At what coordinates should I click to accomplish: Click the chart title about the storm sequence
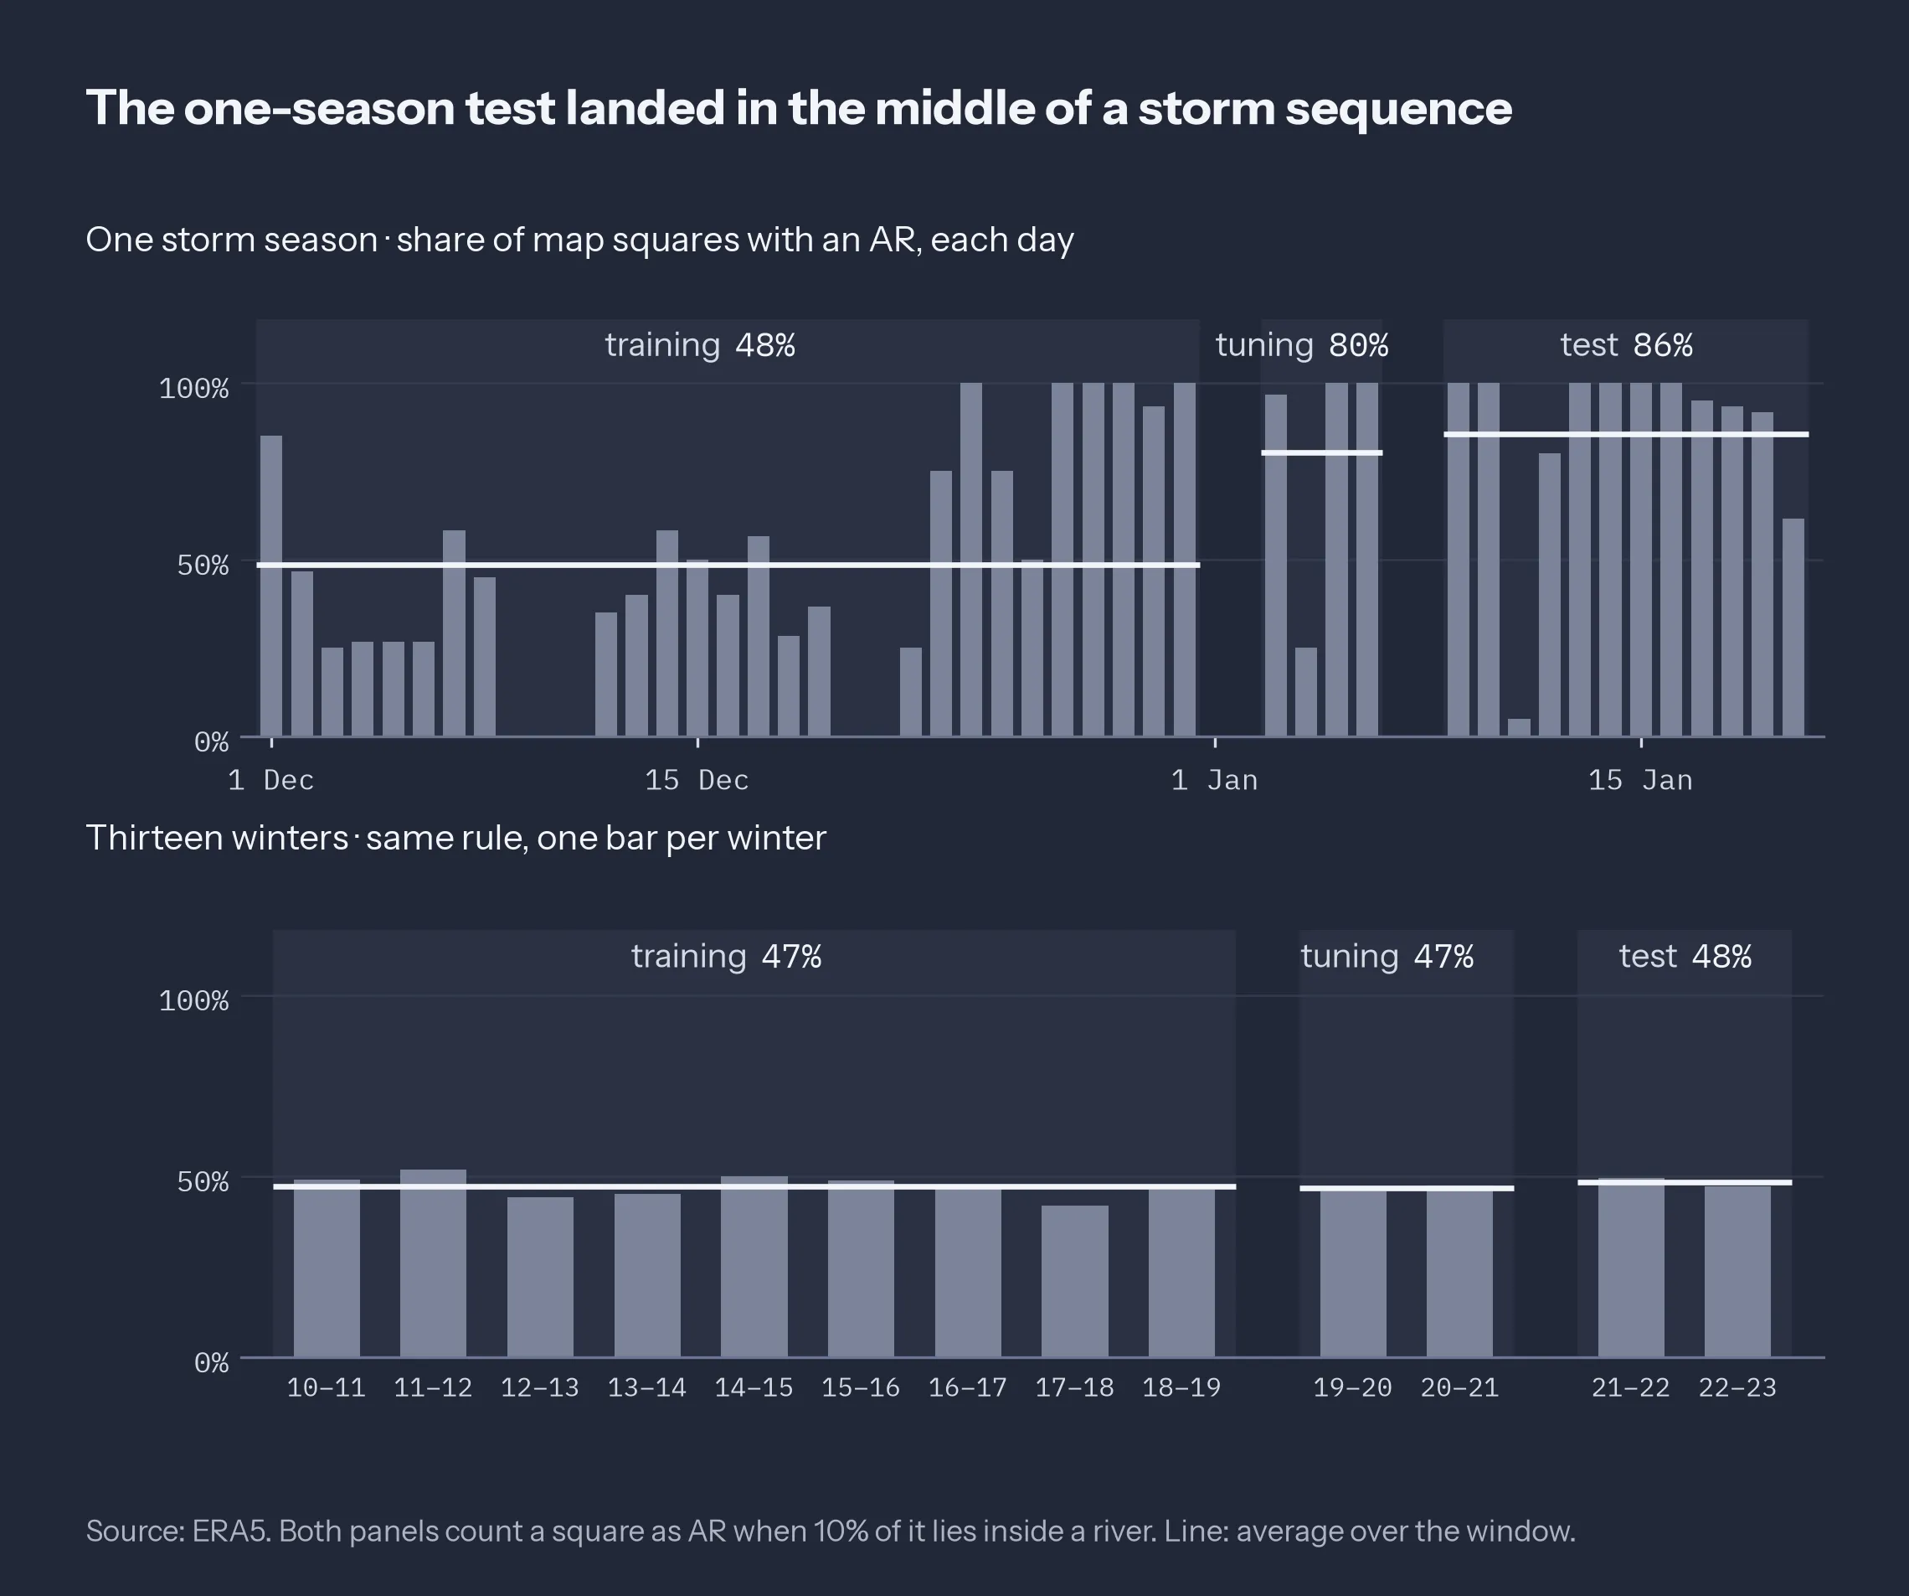click(x=799, y=108)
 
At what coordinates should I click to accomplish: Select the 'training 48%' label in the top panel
click(x=700, y=344)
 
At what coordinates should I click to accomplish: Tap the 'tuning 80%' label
click(x=1302, y=345)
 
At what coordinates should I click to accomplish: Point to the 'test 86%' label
click(x=1626, y=344)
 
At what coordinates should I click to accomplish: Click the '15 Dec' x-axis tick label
click(x=697, y=780)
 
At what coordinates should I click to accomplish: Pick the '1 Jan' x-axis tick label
click(x=1215, y=780)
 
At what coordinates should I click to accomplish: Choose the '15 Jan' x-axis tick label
click(x=1641, y=780)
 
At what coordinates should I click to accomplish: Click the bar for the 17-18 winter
click(x=1074, y=1281)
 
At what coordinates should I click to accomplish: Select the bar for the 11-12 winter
click(x=433, y=1263)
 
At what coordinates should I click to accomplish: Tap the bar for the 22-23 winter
click(x=1737, y=1271)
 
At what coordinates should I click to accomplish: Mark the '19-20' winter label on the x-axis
click(x=1351, y=1387)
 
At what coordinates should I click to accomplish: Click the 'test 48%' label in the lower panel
click(x=1685, y=957)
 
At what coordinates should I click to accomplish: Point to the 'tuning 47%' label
click(x=1387, y=957)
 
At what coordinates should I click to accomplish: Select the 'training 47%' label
click(x=726, y=957)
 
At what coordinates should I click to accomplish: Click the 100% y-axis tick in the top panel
click(x=193, y=388)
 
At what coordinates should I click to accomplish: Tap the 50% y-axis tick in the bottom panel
click(x=203, y=1181)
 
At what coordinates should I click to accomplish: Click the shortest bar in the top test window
click(x=1519, y=727)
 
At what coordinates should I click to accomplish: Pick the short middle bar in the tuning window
click(x=1305, y=692)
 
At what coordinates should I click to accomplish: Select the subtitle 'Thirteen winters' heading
click(x=217, y=838)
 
